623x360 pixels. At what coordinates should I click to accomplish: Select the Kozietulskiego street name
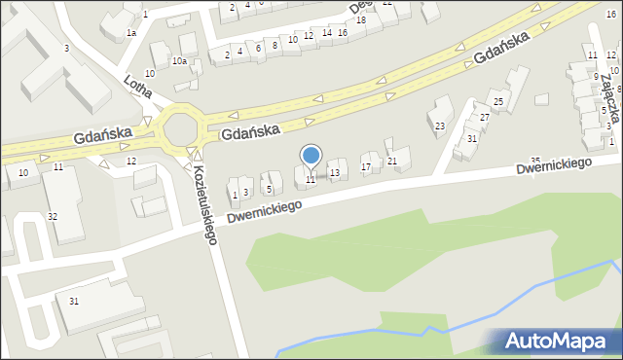(202, 203)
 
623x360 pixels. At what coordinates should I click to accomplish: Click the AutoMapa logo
(554, 342)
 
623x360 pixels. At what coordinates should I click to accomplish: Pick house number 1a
(130, 32)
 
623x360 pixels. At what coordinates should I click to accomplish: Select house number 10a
(179, 61)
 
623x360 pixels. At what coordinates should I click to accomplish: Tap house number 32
(53, 215)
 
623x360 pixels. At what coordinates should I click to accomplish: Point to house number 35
(534, 160)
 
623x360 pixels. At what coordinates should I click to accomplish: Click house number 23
(439, 126)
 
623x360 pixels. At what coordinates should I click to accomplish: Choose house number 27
(485, 117)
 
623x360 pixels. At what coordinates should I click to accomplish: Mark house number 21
(392, 161)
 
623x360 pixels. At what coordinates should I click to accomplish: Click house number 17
(366, 167)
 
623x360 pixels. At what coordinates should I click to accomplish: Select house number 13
(335, 173)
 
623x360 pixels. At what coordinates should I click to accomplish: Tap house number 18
(361, 20)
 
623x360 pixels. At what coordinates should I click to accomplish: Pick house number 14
(326, 32)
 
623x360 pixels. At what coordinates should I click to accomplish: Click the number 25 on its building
(497, 101)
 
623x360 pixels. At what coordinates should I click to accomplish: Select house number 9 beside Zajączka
(596, 76)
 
